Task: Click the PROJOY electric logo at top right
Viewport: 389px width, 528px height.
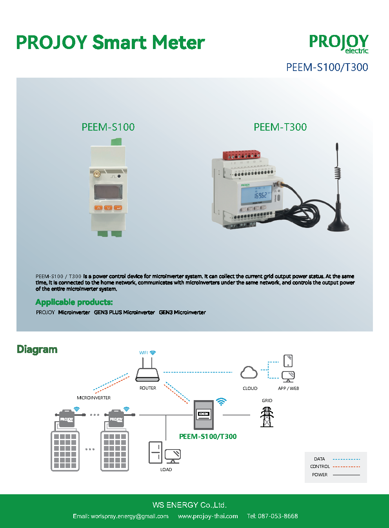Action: [x=339, y=43]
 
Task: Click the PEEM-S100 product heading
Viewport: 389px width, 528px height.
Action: [x=108, y=127]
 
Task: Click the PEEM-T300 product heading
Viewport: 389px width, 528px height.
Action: [x=280, y=127]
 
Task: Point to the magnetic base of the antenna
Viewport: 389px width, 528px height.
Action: [x=338, y=226]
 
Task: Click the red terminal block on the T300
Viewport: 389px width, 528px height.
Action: [x=242, y=155]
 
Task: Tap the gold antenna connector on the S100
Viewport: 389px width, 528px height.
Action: [x=95, y=173]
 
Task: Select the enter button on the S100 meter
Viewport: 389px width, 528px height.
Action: [x=118, y=208]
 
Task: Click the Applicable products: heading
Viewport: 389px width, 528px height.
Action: [x=74, y=302]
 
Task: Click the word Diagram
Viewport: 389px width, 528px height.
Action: [x=37, y=350]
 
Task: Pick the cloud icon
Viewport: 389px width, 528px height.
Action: [x=249, y=373]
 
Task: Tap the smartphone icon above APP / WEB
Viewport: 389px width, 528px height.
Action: [x=288, y=360]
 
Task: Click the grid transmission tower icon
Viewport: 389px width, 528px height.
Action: [x=267, y=417]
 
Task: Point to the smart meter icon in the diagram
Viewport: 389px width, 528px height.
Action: [x=204, y=415]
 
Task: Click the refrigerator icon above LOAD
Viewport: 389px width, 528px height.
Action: [x=155, y=452]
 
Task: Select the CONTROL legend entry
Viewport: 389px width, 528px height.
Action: [x=320, y=467]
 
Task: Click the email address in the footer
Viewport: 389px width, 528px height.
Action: [x=121, y=516]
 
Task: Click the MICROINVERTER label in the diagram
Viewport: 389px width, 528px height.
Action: [x=94, y=398]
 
